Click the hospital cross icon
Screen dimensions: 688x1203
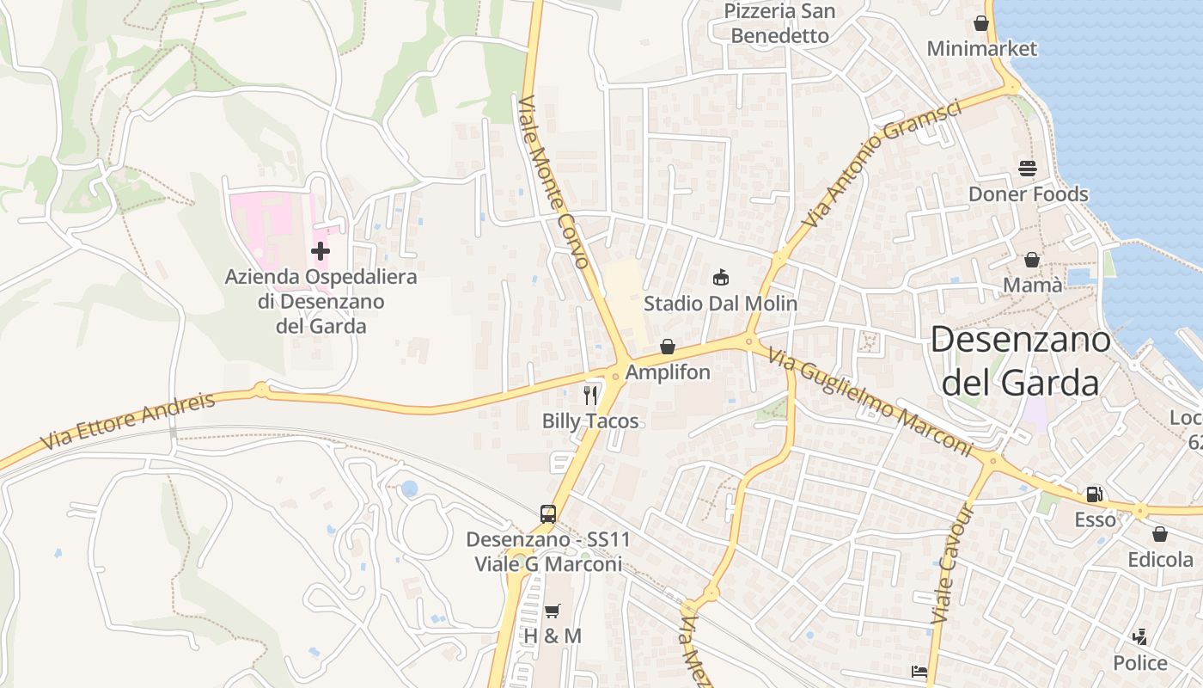click(x=321, y=251)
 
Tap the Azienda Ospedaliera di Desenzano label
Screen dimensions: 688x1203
click(x=321, y=302)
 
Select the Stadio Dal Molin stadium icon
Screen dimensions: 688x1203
click(x=721, y=278)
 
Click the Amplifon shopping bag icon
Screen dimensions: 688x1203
click(x=668, y=347)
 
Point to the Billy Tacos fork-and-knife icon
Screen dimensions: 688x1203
click(x=590, y=395)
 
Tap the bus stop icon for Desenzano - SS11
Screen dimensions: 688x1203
click(x=548, y=514)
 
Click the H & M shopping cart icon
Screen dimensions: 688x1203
click(x=553, y=611)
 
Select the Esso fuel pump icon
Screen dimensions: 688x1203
click(x=1095, y=494)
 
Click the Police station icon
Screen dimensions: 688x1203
click(x=1140, y=637)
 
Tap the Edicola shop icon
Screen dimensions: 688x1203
click(x=1160, y=534)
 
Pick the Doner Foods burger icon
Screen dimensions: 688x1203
click(x=1028, y=169)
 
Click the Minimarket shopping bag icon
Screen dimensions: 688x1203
click(x=981, y=23)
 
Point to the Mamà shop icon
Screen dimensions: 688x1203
click(x=1032, y=260)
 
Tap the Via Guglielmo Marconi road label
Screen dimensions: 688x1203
click(x=870, y=403)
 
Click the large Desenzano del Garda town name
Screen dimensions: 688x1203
click(x=1021, y=361)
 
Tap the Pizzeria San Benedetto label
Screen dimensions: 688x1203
click(x=780, y=23)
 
